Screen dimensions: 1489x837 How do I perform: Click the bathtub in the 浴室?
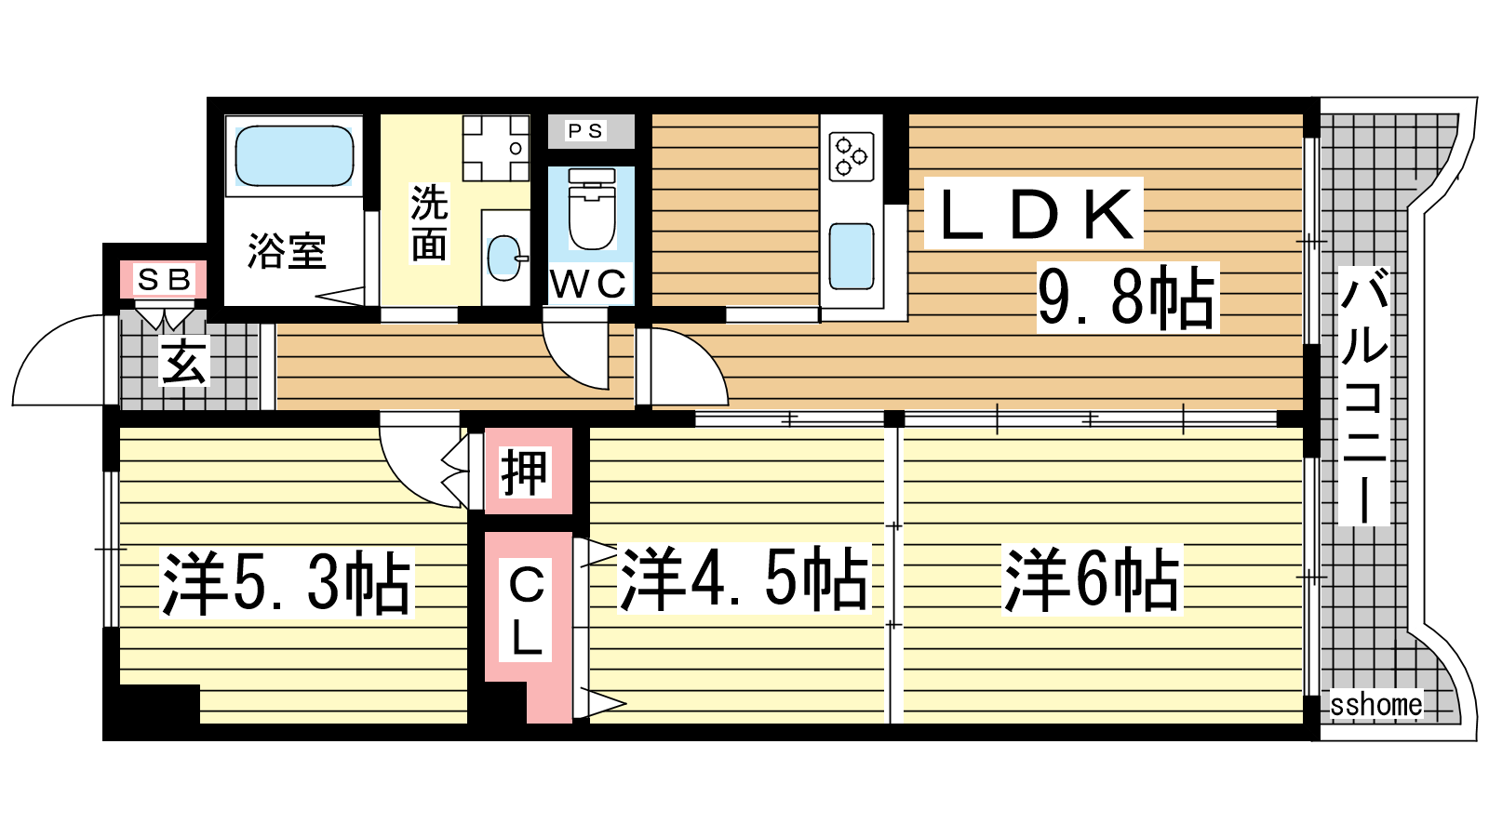(294, 156)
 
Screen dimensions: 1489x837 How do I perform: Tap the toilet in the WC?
(592, 208)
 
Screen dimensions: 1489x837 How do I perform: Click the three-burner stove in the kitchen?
(852, 157)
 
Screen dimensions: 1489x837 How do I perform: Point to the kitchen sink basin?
(852, 257)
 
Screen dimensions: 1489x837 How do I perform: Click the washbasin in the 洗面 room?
(507, 257)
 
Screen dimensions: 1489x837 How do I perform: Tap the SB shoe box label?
(164, 280)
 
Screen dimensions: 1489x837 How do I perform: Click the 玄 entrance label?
(184, 361)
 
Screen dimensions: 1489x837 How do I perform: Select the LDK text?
(1034, 213)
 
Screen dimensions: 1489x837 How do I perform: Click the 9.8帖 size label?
(1127, 298)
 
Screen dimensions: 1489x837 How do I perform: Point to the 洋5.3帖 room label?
(287, 583)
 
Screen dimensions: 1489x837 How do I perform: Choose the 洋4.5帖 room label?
(744, 578)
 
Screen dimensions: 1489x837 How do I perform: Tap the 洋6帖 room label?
(1092, 578)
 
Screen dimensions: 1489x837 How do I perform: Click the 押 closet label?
(525, 472)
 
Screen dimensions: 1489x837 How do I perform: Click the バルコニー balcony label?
(1363, 396)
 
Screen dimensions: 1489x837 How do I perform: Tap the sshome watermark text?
(1376, 705)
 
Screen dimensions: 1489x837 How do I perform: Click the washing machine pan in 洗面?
(496, 148)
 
